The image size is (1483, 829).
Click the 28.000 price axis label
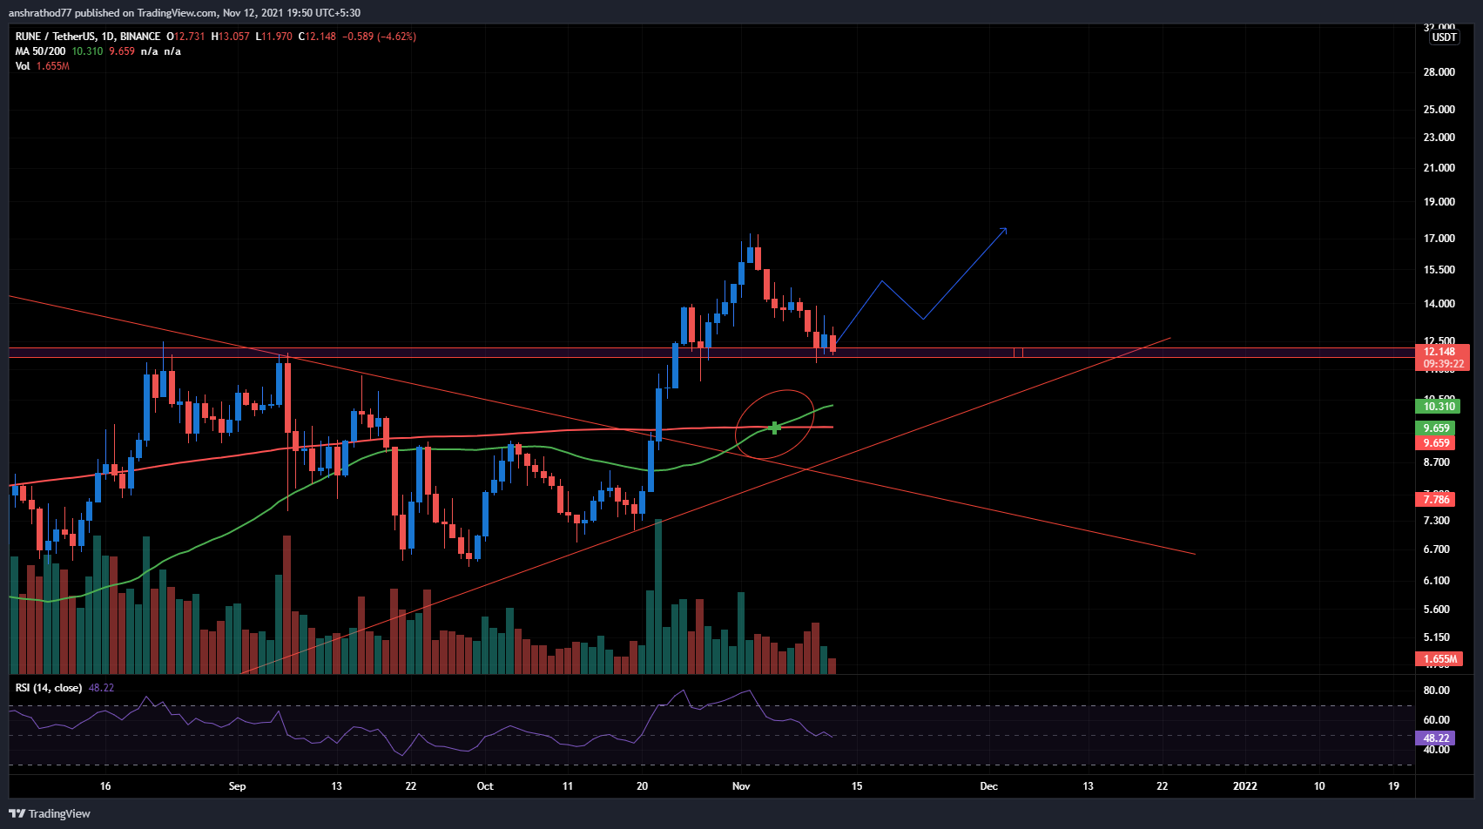pos(1439,72)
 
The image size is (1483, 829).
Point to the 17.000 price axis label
pos(1439,239)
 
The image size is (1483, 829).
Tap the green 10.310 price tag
pos(1439,407)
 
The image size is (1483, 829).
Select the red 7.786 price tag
pos(1436,500)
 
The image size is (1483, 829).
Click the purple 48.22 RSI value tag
pos(1436,738)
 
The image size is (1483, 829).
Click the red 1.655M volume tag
pos(1439,659)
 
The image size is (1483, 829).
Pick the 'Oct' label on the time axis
pos(485,786)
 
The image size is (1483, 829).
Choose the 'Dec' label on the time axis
pos(988,786)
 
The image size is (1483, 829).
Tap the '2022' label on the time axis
pos(1245,786)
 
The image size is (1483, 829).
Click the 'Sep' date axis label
pos(237,786)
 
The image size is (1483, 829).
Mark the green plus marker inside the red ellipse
pos(775,428)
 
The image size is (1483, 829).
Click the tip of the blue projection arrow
pos(1006,229)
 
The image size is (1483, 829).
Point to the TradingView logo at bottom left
pos(50,813)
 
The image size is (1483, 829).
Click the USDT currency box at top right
pos(1444,37)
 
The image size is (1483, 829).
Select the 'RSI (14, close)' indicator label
pos(49,688)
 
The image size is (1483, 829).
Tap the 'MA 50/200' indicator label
pos(40,51)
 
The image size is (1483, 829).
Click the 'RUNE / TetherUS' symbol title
pos(56,37)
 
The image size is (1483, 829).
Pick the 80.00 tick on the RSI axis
pos(1436,691)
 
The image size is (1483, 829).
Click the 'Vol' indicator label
pos(23,66)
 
